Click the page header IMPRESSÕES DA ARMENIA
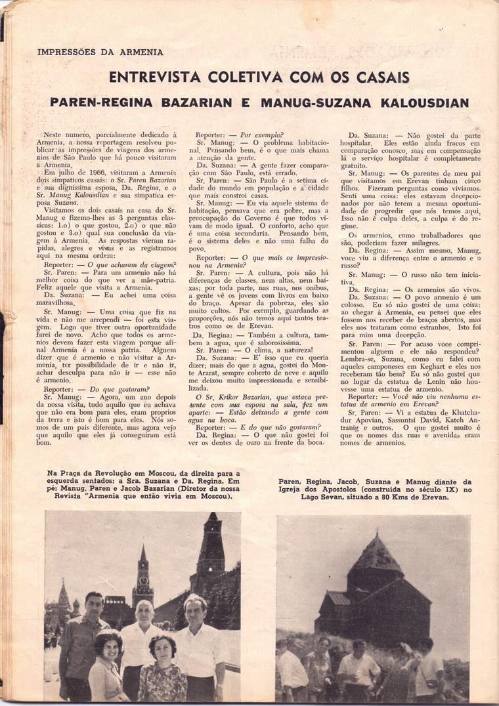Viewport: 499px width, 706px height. coord(100,52)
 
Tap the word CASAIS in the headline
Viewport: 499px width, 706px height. coord(380,77)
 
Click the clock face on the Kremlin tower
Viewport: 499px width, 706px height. coord(142,580)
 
